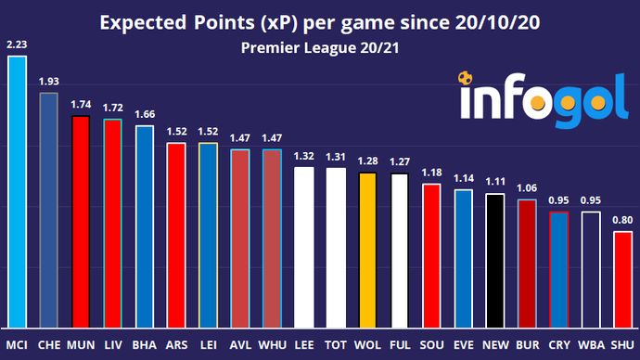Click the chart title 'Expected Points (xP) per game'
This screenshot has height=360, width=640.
pos(319,21)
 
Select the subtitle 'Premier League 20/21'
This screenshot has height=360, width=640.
pos(319,46)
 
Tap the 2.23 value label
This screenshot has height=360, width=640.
pos(17,44)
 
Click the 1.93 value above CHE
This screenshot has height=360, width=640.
pos(48,82)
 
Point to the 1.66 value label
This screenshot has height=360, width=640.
pos(144,114)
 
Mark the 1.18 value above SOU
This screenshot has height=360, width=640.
pos(432,172)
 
